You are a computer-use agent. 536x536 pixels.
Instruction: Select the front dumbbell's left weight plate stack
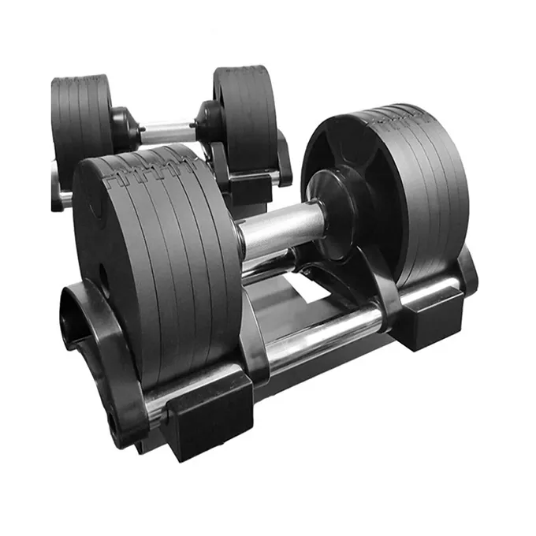(x=158, y=260)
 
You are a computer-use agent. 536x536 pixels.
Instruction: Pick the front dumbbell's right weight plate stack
(x=394, y=181)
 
